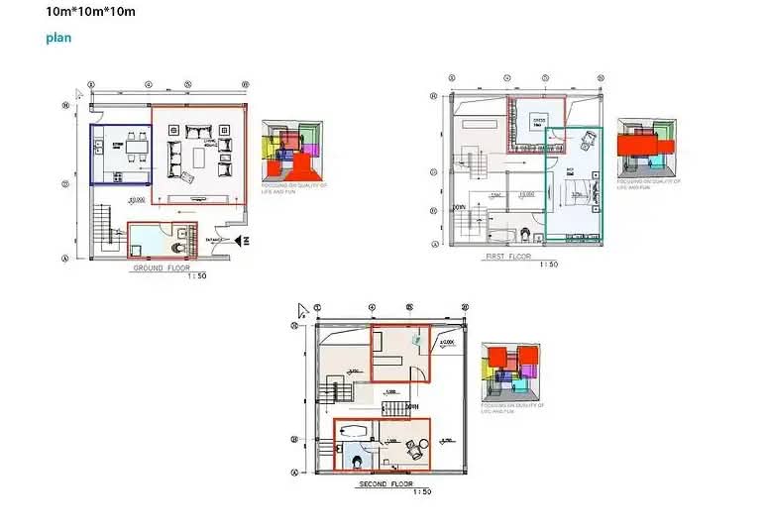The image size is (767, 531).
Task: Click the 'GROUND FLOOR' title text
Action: (162, 267)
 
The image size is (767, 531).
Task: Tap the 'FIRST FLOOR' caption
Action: (510, 256)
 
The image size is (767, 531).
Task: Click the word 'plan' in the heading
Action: (58, 38)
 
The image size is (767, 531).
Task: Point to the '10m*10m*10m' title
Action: (91, 12)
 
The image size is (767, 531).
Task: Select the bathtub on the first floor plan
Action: (500, 233)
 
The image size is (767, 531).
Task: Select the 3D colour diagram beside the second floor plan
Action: (510, 372)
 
